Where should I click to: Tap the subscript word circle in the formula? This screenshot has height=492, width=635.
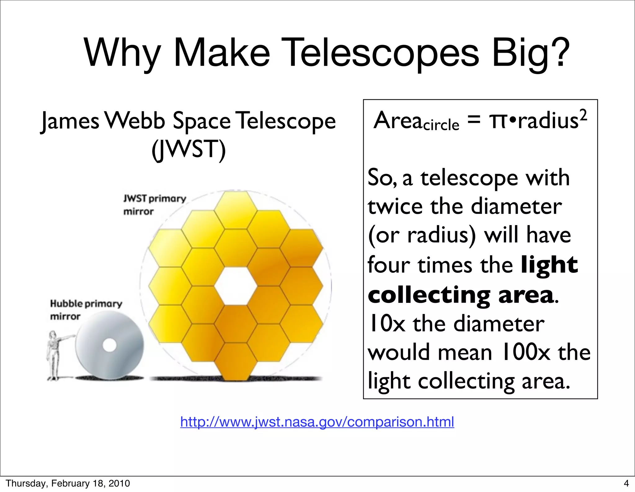click(x=441, y=125)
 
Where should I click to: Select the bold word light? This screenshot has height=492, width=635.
click(x=549, y=265)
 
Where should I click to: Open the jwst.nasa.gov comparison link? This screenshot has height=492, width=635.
click(x=317, y=422)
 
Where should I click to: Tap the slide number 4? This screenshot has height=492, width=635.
click(x=626, y=483)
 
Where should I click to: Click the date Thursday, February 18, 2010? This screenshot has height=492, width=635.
click(x=68, y=483)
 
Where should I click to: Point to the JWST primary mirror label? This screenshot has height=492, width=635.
click(x=154, y=205)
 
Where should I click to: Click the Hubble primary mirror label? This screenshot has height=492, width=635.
click(x=86, y=310)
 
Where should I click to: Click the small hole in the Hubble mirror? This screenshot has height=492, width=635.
click(x=109, y=345)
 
